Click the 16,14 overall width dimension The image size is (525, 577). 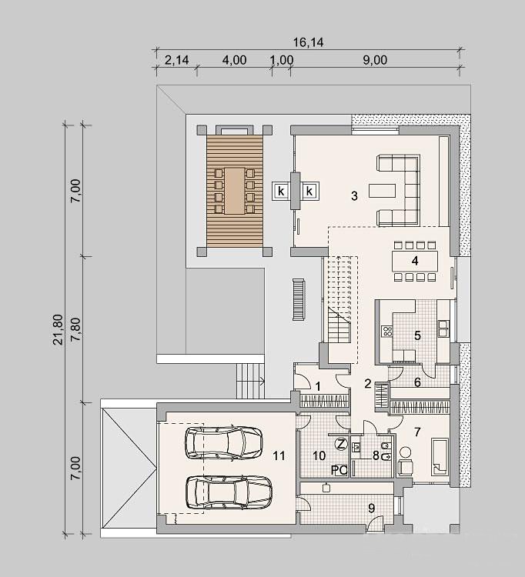pyautogui.click(x=308, y=42)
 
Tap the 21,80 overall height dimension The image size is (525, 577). pyautogui.click(x=59, y=329)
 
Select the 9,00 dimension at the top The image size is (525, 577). pyautogui.click(x=375, y=60)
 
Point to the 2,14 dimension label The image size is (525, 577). pyautogui.click(x=176, y=60)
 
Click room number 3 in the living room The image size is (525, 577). pyautogui.click(x=354, y=195)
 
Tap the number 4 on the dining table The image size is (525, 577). pyautogui.click(x=415, y=261)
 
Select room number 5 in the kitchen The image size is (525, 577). pyautogui.click(x=417, y=335)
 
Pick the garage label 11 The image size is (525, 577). pyautogui.click(x=279, y=456)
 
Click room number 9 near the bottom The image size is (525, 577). pyautogui.click(x=372, y=509)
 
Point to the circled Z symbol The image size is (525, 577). pyautogui.click(x=341, y=444)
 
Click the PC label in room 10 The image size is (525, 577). pyautogui.click(x=339, y=470)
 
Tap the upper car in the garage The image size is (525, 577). pyautogui.click(x=224, y=442)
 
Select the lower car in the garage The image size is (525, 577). pyautogui.click(x=229, y=492)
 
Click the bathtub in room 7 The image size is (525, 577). pyautogui.click(x=440, y=456)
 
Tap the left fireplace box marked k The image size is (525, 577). pyautogui.click(x=281, y=191)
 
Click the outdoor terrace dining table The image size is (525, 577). pyautogui.click(x=235, y=191)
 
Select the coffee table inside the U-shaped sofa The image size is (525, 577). pyautogui.click(x=382, y=191)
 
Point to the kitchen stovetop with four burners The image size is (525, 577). pyautogui.click(x=387, y=331)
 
